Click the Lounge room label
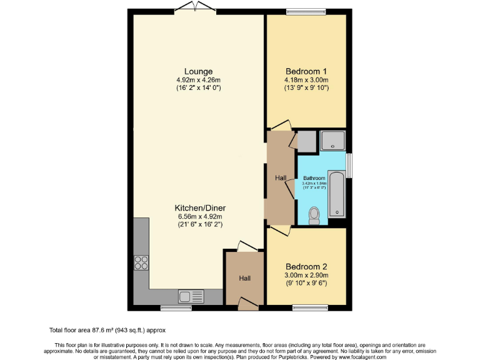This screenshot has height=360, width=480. click(x=197, y=71)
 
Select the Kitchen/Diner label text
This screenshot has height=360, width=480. click(x=200, y=208)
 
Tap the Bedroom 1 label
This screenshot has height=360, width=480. click(x=306, y=71)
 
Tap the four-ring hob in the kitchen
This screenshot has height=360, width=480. click(x=141, y=263)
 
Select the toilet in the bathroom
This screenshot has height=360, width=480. click(x=314, y=216)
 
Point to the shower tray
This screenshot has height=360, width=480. click(x=332, y=141)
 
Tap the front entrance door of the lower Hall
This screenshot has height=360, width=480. click(x=248, y=304)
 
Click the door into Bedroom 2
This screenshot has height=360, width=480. click(x=281, y=231)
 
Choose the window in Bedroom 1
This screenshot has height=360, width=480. click(x=306, y=11)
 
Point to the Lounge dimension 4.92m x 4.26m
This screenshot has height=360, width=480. click(x=197, y=80)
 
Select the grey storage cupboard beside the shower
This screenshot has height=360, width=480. click(x=307, y=142)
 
